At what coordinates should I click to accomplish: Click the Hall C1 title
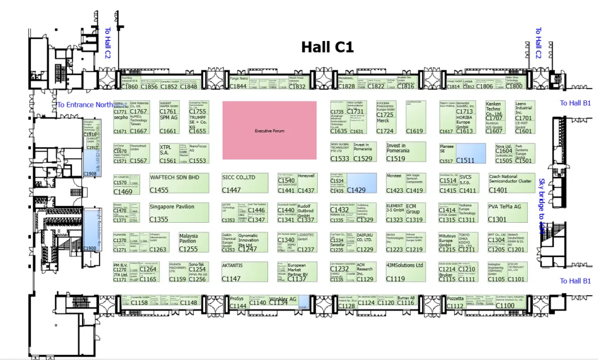tap(327, 47)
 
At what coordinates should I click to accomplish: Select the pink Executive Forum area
tap(270, 130)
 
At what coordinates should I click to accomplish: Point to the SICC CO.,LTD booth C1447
tap(244, 183)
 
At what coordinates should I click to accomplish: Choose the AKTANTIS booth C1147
tap(244, 271)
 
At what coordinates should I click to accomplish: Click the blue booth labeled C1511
tap(471, 153)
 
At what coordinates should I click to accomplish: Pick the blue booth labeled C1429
tap(361, 183)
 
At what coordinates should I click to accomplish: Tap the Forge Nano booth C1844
tap(239, 83)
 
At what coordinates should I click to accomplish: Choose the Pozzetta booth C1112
tap(455, 302)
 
